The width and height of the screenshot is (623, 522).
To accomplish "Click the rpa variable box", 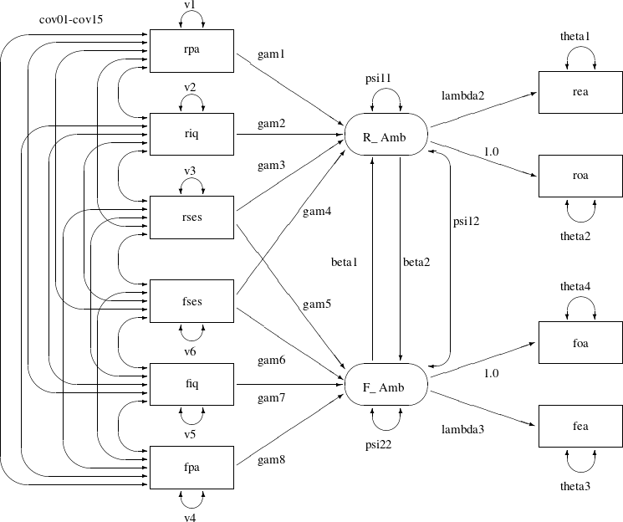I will (191, 49).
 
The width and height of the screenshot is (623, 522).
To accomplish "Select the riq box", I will (191, 132).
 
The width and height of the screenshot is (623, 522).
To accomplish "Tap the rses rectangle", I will (191, 217).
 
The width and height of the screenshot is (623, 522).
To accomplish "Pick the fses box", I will (191, 300).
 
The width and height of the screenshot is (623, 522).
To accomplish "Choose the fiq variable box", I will (191, 384).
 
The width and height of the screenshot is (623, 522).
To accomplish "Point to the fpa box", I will (191, 468).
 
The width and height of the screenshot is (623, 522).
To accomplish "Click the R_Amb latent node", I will (386, 137).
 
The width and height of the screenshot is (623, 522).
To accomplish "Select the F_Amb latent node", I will (386, 387).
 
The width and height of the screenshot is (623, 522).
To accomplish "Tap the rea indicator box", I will (579, 92).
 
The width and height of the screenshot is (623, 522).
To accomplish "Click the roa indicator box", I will (579, 177).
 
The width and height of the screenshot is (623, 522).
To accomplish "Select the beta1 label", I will (344, 262).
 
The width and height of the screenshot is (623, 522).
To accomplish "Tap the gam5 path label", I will (317, 304).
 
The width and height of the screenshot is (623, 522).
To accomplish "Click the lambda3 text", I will (462, 429).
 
